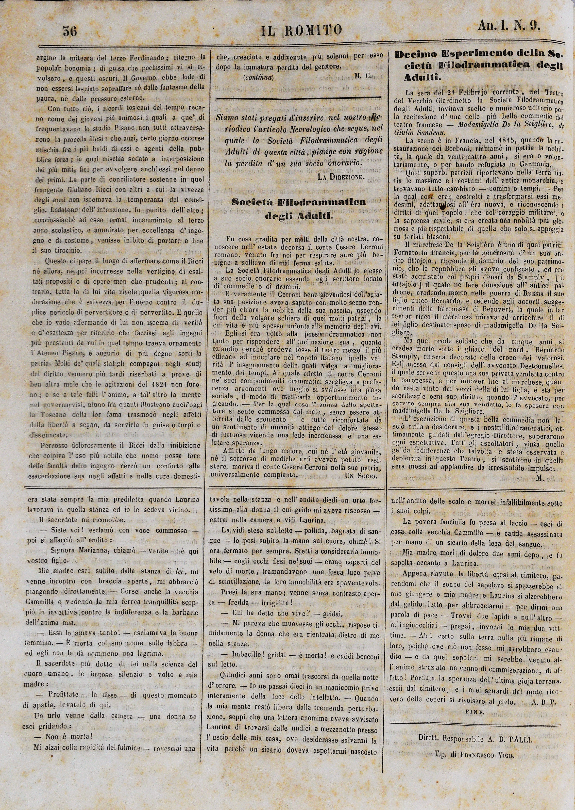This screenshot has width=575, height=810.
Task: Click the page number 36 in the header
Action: click(x=70, y=32)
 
